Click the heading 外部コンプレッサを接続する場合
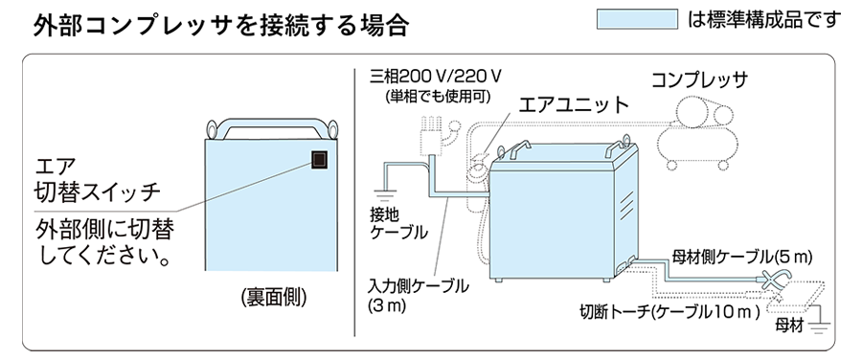pyautogui.click(x=221, y=25)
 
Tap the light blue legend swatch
pyautogui.click(x=637, y=19)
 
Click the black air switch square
pyautogui.click(x=320, y=160)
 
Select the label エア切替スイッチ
pyautogui.click(x=97, y=179)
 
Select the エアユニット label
pyautogui.click(x=575, y=103)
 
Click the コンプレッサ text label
pyautogui.click(x=700, y=80)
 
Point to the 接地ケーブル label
pyautogui.click(x=398, y=222)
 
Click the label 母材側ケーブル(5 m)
pyautogui.click(x=742, y=257)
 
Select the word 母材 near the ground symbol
pyautogui.click(x=789, y=326)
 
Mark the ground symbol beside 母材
pyautogui.click(x=820, y=327)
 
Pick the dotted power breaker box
pyautogui.click(x=431, y=136)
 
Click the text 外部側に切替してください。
pyautogui.click(x=103, y=242)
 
